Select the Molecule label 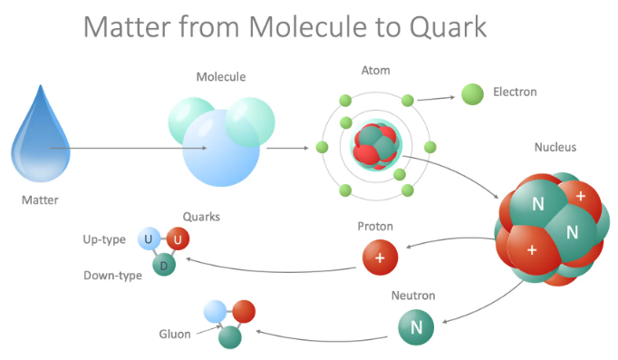coord(221,77)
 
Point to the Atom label coord(375,70)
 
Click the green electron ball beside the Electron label coord(472,92)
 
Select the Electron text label coord(515,92)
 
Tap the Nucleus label coord(555,147)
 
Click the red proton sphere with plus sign coord(380,258)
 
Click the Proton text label coord(375,226)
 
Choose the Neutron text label coord(413,296)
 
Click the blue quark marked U coord(148,239)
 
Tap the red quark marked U coord(178,239)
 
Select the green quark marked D coord(164,265)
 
